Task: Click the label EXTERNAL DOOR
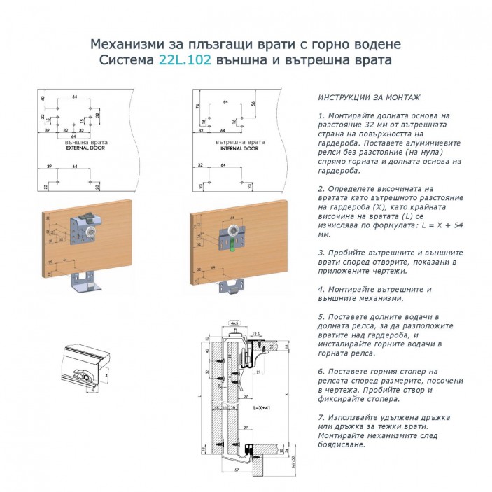83,149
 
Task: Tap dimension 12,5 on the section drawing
255,334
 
